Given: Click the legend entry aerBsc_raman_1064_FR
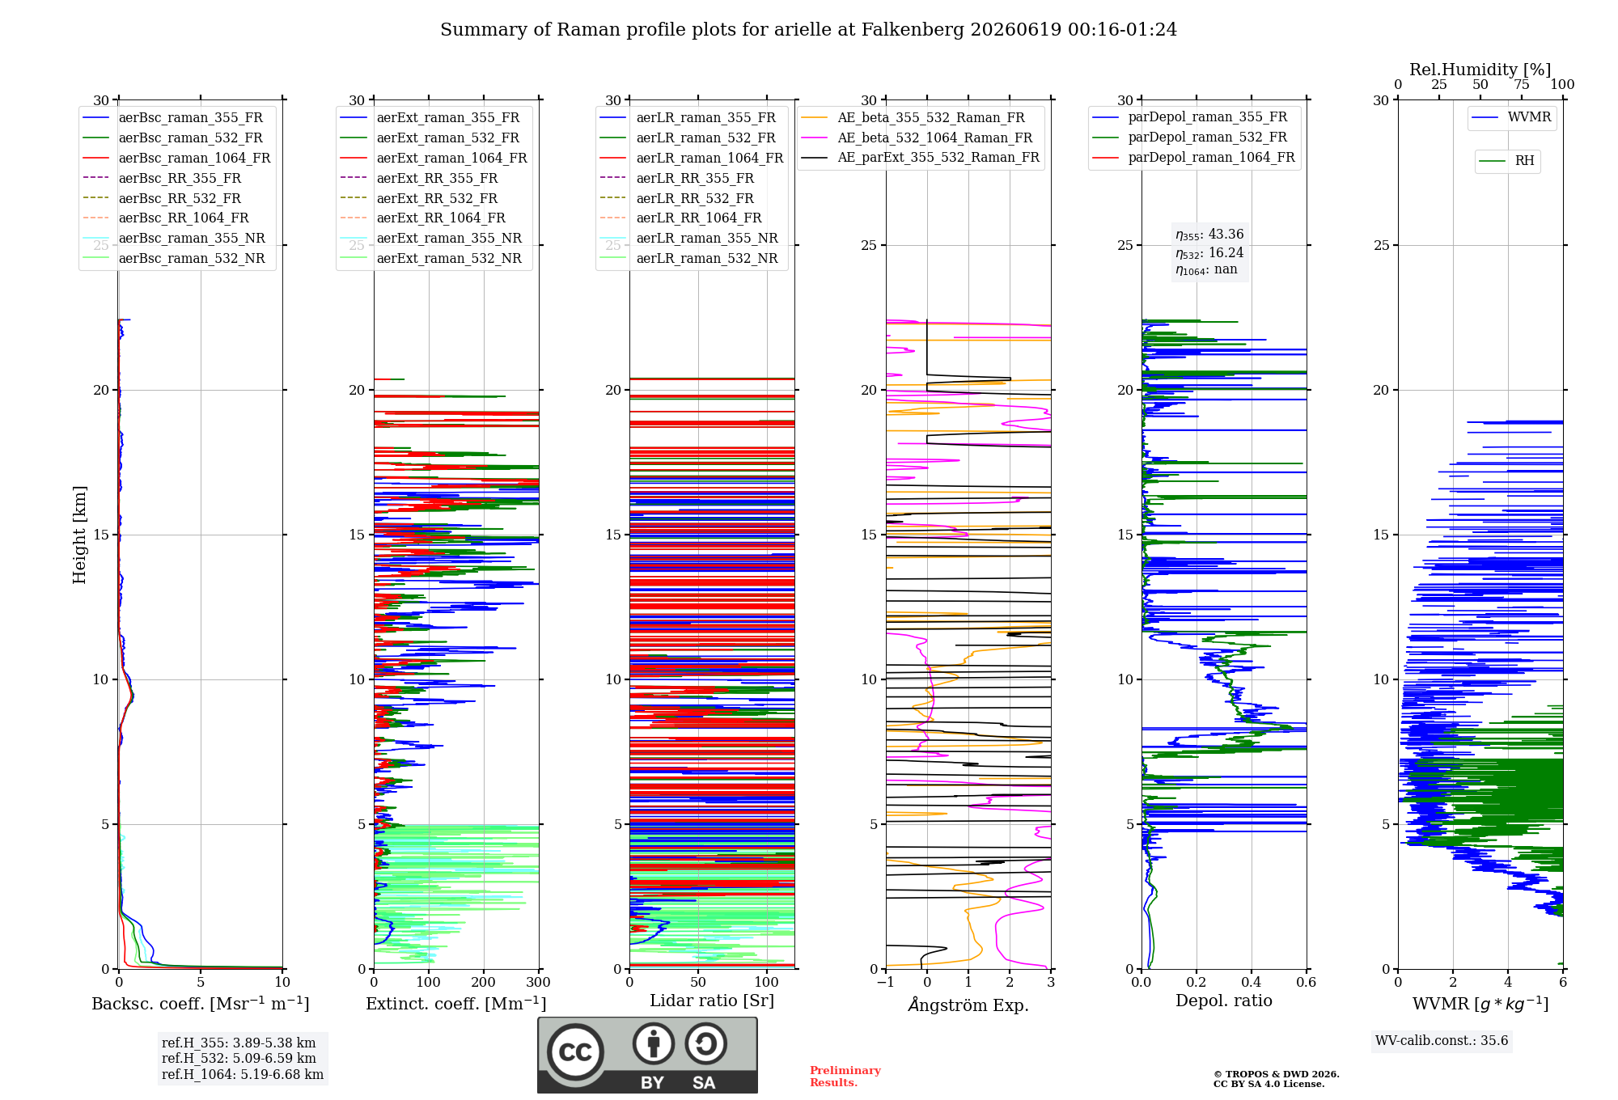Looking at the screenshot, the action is pos(176,158).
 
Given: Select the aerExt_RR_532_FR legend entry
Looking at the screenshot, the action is pos(419,198).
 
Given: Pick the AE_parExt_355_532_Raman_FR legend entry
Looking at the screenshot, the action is pos(921,157).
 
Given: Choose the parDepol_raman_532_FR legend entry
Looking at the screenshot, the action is pos(1190,137).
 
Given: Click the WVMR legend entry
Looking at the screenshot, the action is pos(1512,117).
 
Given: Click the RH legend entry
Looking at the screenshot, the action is pos(1507,161).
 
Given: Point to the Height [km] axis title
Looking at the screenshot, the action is pos(79,535).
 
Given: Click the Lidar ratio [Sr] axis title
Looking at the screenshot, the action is pos(712,1001).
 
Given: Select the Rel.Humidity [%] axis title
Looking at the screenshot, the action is pos(1480,70).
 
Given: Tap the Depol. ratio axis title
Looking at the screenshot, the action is pos(1224,1001).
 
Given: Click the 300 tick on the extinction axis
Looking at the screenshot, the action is pos(539,982).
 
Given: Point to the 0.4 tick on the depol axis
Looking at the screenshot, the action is pos(1252,982).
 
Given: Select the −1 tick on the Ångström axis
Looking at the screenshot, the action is pos(886,982).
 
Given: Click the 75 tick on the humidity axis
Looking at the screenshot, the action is pos(1522,84).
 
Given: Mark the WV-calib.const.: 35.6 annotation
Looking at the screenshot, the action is pos(1442,1041).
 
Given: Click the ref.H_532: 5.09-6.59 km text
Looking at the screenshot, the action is pos(239,1058).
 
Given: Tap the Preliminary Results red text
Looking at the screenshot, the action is pos(845,1077).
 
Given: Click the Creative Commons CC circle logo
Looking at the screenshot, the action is pos(575,1051).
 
